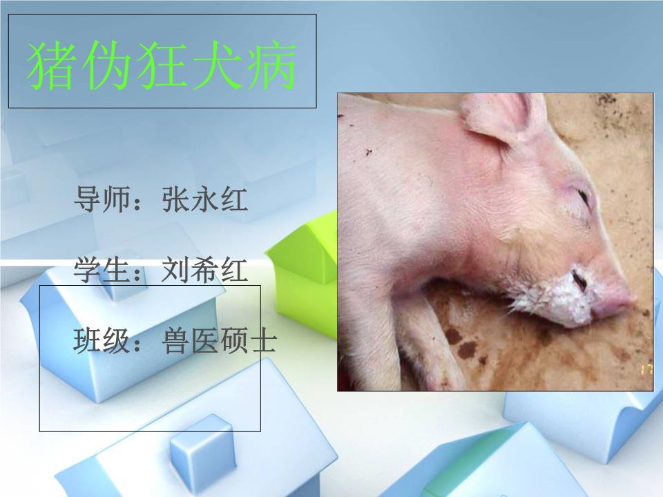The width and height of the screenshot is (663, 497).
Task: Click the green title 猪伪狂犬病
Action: click(x=162, y=68)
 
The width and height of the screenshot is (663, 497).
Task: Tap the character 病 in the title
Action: click(x=273, y=68)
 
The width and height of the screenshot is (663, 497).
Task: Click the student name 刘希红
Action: click(x=204, y=270)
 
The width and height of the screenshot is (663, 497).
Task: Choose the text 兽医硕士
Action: click(x=219, y=341)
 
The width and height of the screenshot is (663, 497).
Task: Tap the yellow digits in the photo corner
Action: click(x=646, y=369)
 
